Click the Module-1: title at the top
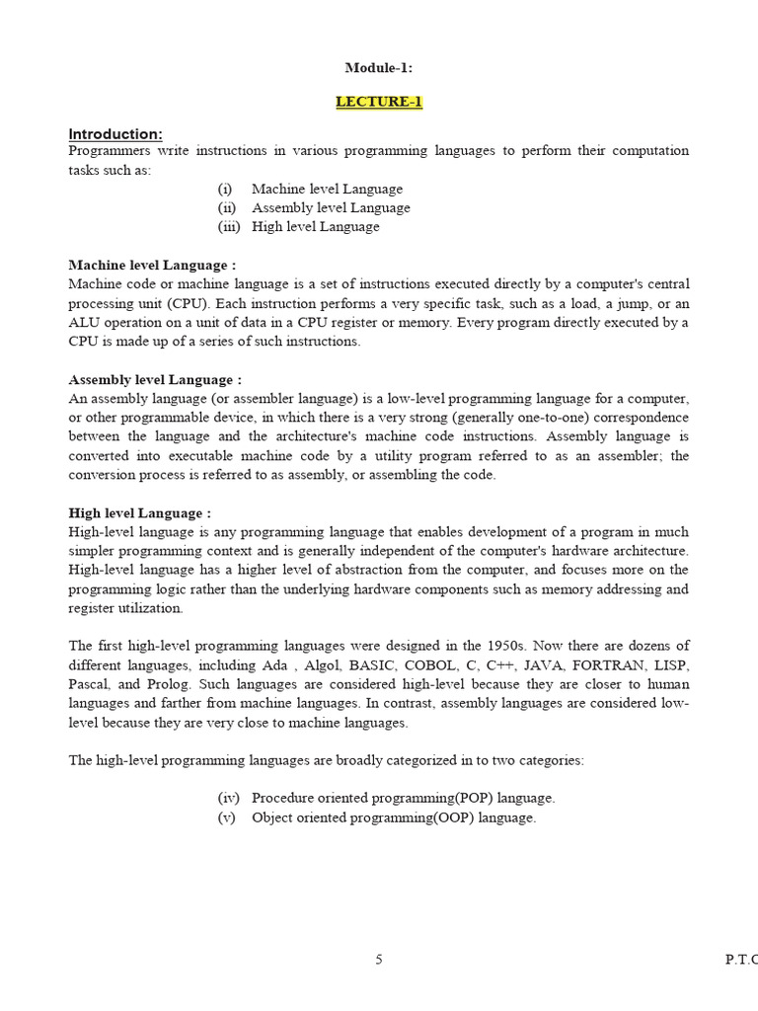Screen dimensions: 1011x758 [378, 68]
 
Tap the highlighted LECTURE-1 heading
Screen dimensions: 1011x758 [379, 102]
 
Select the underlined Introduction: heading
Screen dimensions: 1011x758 [115, 134]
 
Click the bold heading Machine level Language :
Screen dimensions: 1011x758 [152, 266]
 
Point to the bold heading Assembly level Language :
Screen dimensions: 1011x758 [155, 380]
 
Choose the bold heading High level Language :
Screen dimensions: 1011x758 [139, 513]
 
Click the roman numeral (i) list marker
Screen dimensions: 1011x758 [225, 189]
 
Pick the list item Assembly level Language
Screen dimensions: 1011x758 [331, 207]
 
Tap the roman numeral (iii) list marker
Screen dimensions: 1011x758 [229, 226]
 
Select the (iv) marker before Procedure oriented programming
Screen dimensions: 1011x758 [228, 798]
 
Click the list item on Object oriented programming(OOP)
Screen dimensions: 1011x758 [394, 817]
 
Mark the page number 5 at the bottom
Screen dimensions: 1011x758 [379, 960]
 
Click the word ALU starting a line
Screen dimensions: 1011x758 [82, 323]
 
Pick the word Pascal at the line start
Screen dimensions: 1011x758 [88, 684]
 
